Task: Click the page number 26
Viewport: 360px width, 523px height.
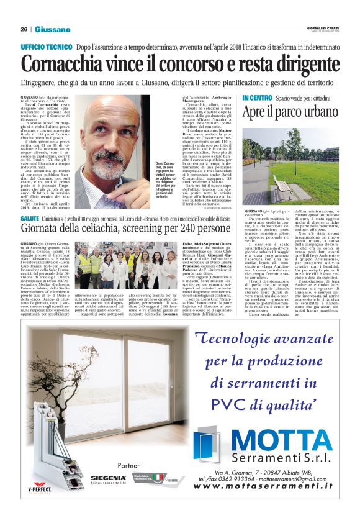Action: pos(24,29)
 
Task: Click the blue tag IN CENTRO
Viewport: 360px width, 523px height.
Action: pos(257,99)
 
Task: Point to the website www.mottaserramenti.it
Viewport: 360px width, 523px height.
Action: pos(263,487)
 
